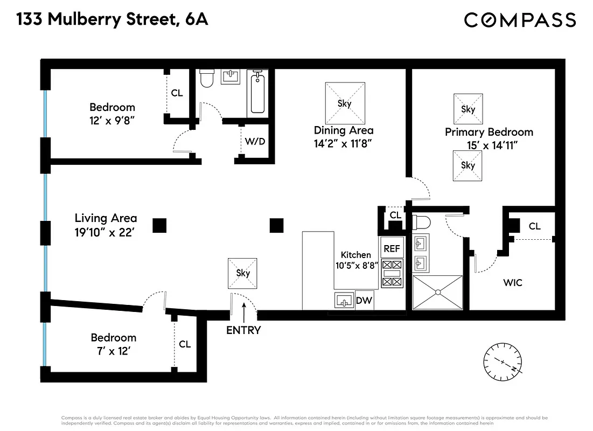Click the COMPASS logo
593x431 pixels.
tap(520, 20)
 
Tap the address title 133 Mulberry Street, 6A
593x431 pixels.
tap(112, 20)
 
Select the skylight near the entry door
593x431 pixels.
tap(243, 273)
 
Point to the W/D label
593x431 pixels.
tap(254, 142)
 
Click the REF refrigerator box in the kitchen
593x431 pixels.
tap(392, 248)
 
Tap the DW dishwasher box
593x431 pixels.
tap(364, 301)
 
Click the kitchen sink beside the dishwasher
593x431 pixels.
tap(341, 301)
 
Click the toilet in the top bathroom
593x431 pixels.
tap(206, 79)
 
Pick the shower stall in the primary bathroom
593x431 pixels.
tap(437, 292)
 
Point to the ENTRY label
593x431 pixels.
tap(243, 330)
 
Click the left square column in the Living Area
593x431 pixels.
tap(159, 225)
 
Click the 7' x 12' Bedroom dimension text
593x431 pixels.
tap(113, 351)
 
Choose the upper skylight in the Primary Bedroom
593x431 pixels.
tap(468, 109)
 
